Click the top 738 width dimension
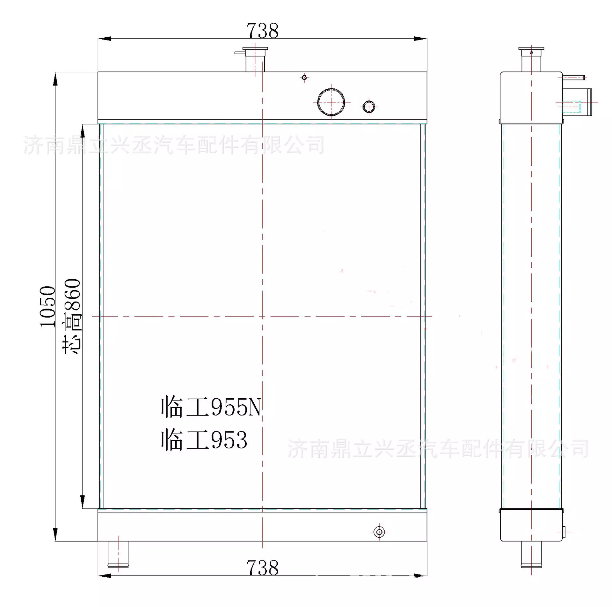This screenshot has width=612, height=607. [262, 31]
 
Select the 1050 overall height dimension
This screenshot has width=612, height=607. [48, 306]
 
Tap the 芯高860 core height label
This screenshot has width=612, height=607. [72, 316]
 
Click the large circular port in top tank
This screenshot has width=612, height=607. [331, 102]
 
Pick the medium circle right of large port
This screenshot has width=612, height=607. [369, 107]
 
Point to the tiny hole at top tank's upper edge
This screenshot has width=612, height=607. [304, 78]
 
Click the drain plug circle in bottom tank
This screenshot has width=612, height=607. [379, 532]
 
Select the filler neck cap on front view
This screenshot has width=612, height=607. [255, 49]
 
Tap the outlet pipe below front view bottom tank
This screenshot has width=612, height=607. [118, 555]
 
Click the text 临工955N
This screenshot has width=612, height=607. [211, 407]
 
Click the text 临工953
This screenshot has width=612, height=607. [204, 440]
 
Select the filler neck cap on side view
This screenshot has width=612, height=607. [531, 49]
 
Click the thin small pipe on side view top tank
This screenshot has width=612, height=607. [574, 77]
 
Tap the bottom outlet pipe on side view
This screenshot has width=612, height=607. [531, 555]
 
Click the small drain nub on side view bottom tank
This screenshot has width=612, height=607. [563, 532]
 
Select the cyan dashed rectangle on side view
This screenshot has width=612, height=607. [571, 107]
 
